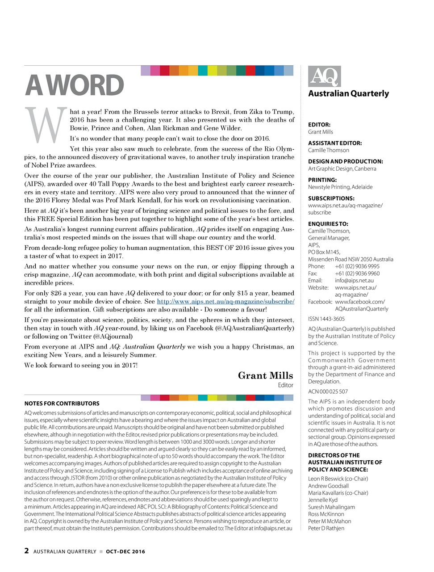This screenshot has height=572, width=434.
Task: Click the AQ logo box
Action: [324, 76]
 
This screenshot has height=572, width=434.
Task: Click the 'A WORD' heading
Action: [74, 85]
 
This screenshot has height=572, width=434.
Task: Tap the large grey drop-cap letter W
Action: [43, 125]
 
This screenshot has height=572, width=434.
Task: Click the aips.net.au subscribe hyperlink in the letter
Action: [225, 301]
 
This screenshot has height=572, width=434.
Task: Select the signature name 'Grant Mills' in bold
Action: [265, 375]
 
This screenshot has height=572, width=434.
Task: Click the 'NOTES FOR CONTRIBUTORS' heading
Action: [62, 403]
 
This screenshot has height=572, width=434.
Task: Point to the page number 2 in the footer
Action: [27, 551]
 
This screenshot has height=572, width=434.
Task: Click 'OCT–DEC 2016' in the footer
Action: [125, 551]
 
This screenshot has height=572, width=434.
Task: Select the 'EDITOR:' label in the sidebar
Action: [319, 125]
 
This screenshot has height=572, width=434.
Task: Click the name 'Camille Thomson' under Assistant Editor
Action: [329, 150]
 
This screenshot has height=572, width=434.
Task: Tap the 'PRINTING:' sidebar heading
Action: [322, 180]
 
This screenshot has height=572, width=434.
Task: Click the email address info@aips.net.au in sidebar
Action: [354, 281]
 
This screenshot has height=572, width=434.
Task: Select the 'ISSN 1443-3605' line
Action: [326, 319]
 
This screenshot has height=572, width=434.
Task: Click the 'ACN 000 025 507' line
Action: [328, 391]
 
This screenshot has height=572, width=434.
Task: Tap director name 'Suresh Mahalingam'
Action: [331, 507]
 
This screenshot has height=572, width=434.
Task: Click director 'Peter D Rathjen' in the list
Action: [326, 528]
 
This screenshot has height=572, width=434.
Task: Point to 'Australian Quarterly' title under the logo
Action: [348, 93]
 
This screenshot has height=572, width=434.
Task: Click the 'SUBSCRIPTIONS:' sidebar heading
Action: [331, 198]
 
